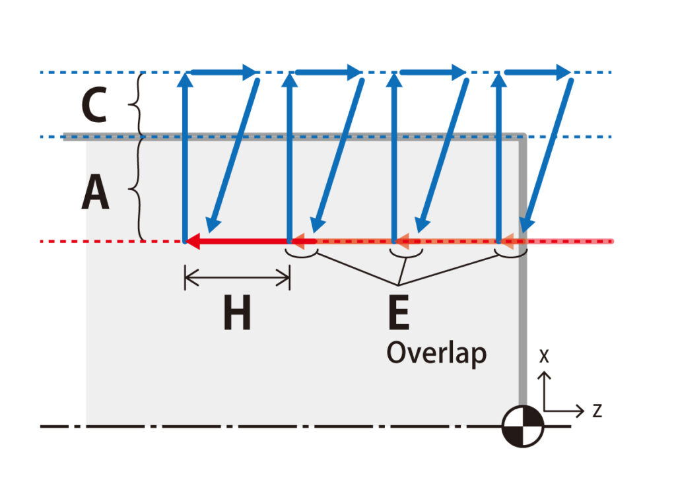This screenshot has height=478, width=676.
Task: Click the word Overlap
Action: [436, 353]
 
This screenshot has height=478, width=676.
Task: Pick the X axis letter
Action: [544, 357]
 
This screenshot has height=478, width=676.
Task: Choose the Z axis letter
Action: [597, 411]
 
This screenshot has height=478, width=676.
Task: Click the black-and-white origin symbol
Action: [522, 427]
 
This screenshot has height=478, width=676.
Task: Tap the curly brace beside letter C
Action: [139, 104]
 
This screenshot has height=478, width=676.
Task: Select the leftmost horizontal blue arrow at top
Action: [224, 72]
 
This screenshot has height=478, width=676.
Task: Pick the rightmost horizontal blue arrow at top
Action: [538, 72]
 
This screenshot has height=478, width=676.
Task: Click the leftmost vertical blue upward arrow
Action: [186, 158]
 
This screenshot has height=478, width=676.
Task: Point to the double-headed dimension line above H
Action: [237, 278]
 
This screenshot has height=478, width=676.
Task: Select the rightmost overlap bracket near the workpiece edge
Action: [511, 251]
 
